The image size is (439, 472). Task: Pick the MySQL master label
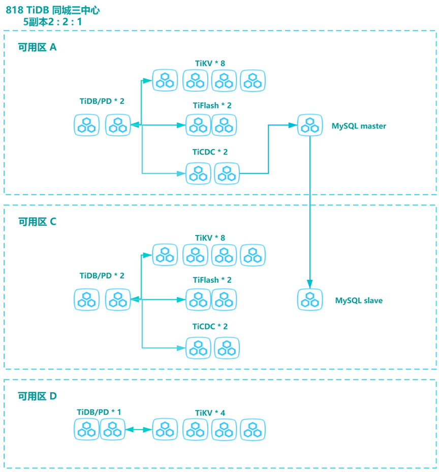pyautogui.click(x=359, y=126)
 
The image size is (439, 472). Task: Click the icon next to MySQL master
pyautogui.click(x=310, y=125)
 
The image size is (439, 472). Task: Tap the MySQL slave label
pyautogui.click(x=359, y=301)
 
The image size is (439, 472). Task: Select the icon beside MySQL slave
pyautogui.click(x=310, y=300)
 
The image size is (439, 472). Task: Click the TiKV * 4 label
pyautogui.click(x=210, y=413)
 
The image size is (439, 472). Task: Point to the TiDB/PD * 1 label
pyautogui.click(x=99, y=412)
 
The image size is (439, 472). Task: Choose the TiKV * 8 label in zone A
pyautogui.click(x=210, y=64)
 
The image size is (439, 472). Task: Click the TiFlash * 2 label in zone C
pyautogui.click(x=212, y=280)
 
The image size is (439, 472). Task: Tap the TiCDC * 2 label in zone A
pyautogui.click(x=210, y=152)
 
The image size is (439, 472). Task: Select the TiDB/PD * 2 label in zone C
pyautogui.click(x=102, y=276)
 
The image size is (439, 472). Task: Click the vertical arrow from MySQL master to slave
pyautogui.click(x=310, y=214)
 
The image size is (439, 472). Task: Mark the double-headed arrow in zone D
pyautogui.click(x=139, y=430)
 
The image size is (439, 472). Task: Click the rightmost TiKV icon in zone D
pyautogui.click(x=253, y=430)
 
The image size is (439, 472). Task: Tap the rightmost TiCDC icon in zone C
pyautogui.click(x=227, y=348)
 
